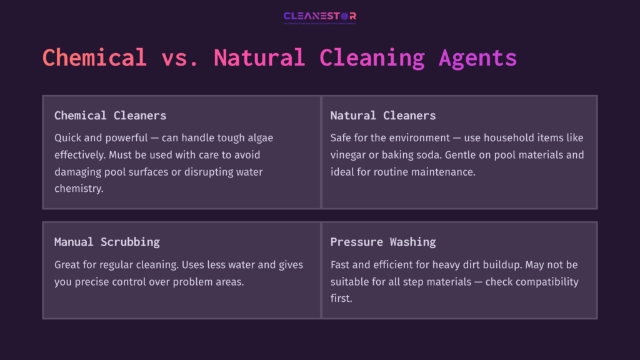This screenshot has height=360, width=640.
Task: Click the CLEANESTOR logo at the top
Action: tap(320, 16)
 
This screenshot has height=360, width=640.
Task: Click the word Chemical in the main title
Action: tap(94, 57)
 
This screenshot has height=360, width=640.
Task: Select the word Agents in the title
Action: tap(477, 57)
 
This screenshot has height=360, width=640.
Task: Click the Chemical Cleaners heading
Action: tap(110, 116)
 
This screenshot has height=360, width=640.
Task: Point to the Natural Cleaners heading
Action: tap(383, 116)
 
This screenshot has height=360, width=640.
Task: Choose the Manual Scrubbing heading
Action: tap(107, 242)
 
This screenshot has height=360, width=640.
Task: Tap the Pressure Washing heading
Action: tap(383, 242)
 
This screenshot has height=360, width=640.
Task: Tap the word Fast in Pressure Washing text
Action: tap(342, 264)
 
